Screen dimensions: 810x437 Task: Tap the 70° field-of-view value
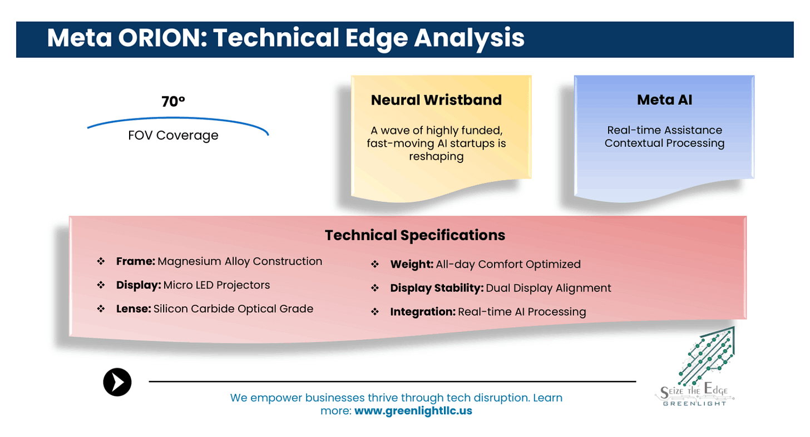[173, 102]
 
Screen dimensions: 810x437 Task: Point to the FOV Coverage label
[173, 135]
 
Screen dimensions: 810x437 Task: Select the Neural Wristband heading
[436, 100]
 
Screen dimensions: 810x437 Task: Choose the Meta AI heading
[664, 100]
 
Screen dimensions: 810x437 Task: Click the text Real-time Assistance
[664, 130]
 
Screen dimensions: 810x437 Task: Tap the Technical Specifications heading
[414, 235]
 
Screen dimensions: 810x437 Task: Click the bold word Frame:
[136, 261]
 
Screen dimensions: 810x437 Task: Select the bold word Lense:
[134, 309]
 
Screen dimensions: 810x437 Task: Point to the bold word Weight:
[412, 264]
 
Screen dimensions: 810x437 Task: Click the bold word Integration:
[423, 312]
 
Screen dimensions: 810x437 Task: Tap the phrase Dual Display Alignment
[549, 288]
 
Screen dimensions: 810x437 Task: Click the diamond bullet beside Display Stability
[375, 288]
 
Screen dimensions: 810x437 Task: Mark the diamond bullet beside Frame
[101, 261]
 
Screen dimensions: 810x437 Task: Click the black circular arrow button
[117, 382]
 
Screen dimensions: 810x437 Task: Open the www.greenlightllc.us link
[413, 412]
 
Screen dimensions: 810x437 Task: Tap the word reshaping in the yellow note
[436, 157]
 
